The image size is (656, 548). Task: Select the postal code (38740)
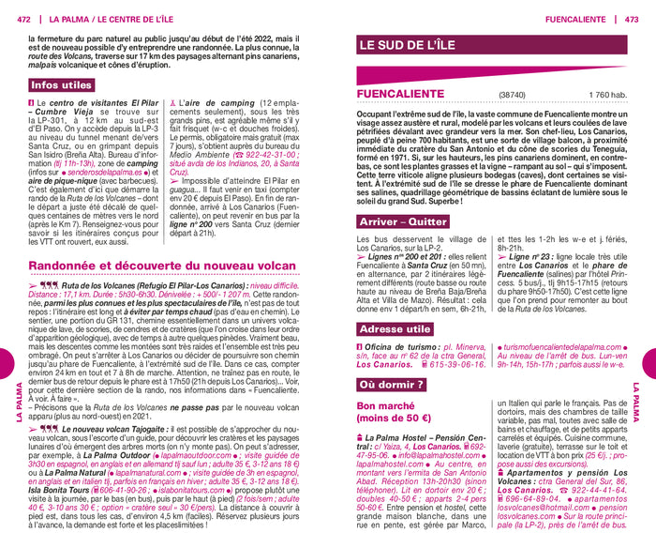tap(513, 95)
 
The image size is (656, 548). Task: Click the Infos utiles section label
tap(62, 85)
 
